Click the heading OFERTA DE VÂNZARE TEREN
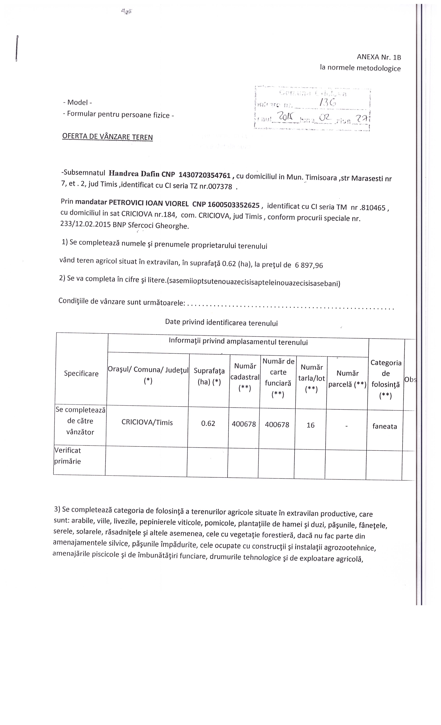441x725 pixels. tap(107, 137)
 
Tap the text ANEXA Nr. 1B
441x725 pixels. tap(379, 57)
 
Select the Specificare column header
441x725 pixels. tap(81, 374)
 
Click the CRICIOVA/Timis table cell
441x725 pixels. tap(147, 423)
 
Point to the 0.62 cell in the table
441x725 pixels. tap(208, 423)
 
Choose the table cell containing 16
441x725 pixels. tap(311, 425)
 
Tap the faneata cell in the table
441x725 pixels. tap(384, 426)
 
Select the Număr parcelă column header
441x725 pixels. tap(347, 379)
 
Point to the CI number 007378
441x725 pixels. tap(220, 187)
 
